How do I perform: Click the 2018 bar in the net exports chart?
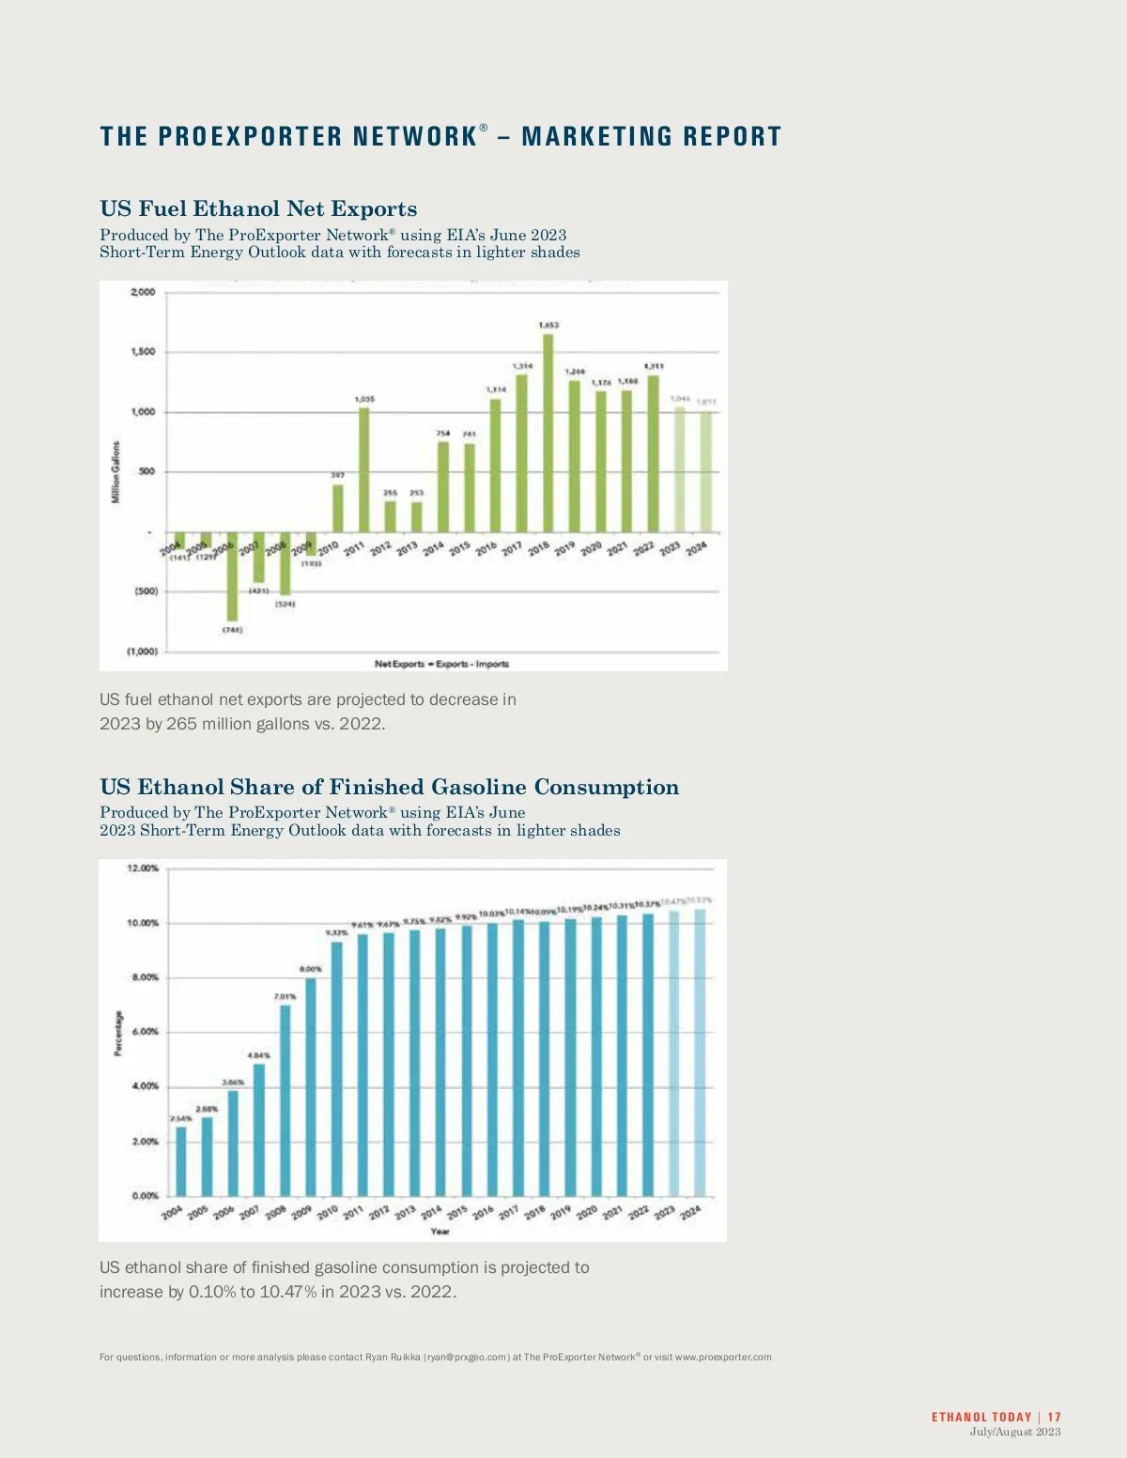coord(548,434)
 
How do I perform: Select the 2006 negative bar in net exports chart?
coord(232,576)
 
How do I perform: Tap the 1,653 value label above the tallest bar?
coord(548,325)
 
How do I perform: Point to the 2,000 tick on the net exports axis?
coord(143,292)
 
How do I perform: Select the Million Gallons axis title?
coord(116,472)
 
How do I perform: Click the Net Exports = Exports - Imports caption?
coord(441,664)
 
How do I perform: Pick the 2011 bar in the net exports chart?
coord(364,469)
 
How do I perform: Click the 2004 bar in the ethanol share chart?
coord(181,1160)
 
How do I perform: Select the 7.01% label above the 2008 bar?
coord(285,997)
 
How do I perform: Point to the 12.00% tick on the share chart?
coord(143,868)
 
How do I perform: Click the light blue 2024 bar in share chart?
coord(700,1051)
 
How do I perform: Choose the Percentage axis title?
coord(118,1033)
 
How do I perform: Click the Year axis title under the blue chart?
coord(440,1231)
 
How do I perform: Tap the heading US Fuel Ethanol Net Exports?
coord(258,208)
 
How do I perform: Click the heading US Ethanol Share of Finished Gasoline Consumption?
coord(389,787)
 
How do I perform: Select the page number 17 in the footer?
coord(1055,1417)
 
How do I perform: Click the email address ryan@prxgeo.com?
coord(467,1357)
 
